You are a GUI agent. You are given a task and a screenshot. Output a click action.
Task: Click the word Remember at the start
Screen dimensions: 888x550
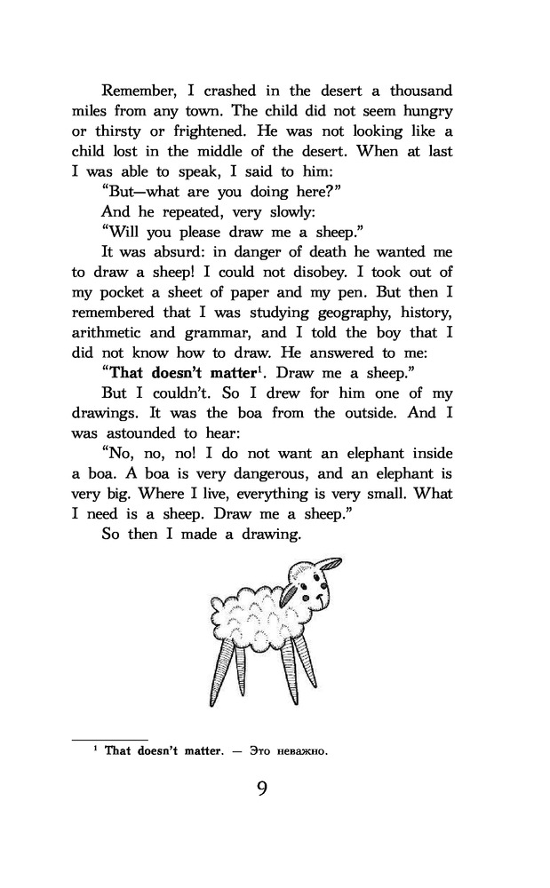pos(137,91)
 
